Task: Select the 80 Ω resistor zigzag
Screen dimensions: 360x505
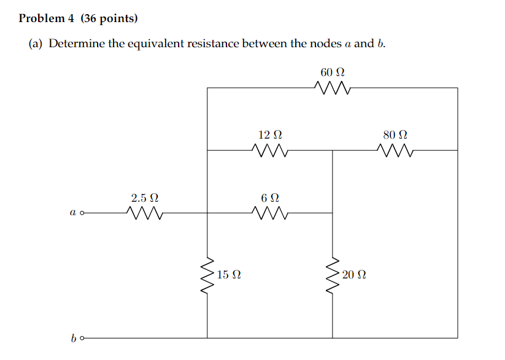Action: click(x=395, y=150)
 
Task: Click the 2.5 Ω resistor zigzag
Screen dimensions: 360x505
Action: click(x=145, y=213)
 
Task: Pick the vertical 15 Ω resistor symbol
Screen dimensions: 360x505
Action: click(x=207, y=275)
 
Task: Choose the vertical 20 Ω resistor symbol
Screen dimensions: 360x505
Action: click(x=333, y=275)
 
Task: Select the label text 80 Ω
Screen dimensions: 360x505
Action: click(x=395, y=134)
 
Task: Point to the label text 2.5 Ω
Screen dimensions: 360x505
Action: click(x=145, y=197)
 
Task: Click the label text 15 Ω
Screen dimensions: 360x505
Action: click(x=228, y=275)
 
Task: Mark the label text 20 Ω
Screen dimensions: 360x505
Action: click(x=354, y=275)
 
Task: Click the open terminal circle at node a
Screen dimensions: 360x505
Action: click(x=82, y=213)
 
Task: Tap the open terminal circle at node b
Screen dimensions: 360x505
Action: click(x=82, y=338)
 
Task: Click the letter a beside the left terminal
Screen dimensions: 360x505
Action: click(x=72, y=213)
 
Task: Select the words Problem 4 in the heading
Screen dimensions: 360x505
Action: click(x=46, y=18)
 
